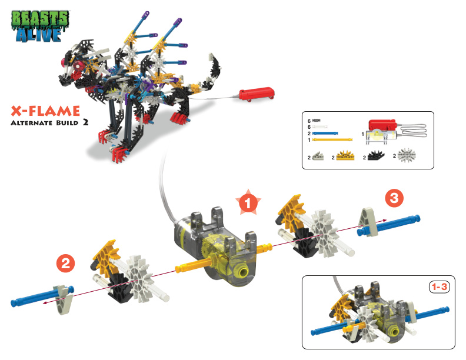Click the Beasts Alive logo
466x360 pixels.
[x=40, y=26]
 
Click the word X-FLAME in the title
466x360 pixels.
[x=45, y=111]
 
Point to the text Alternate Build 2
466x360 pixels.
[x=49, y=123]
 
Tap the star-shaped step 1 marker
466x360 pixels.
[x=248, y=202]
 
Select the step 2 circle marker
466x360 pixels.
[x=66, y=264]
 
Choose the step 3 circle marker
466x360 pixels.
[x=394, y=198]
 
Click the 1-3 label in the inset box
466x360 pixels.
[x=440, y=287]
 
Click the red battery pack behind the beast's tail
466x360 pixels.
[x=257, y=94]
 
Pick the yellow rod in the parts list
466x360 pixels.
[x=332, y=139]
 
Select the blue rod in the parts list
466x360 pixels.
[x=325, y=134]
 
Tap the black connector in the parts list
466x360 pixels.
[x=375, y=155]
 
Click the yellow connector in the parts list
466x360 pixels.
[x=345, y=156]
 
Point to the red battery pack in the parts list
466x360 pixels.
[x=382, y=124]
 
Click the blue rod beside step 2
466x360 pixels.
[x=42, y=296]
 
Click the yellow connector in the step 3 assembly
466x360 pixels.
[x=291, y=212]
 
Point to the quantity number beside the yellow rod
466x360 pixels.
[x=309, y=139]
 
